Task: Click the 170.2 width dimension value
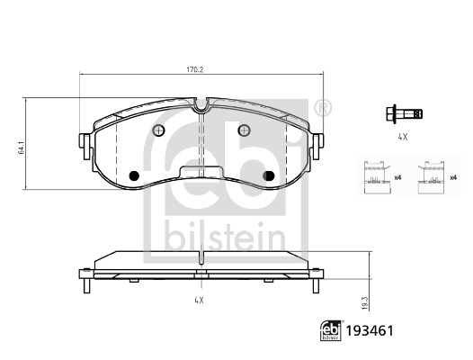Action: (x=194, y=70)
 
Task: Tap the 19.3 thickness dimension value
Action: (x=365, y=303)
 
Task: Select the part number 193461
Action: (x=370, y=331)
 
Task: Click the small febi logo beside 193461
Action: (x=331, y=331)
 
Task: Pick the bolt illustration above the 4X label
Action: (x=404, y=114)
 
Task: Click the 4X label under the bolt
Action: (x=403, y=137)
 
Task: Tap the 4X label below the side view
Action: (x=199, y=300)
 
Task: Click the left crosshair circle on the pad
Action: (x=158, y=130)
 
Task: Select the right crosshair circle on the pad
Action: (x=244, y=130)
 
